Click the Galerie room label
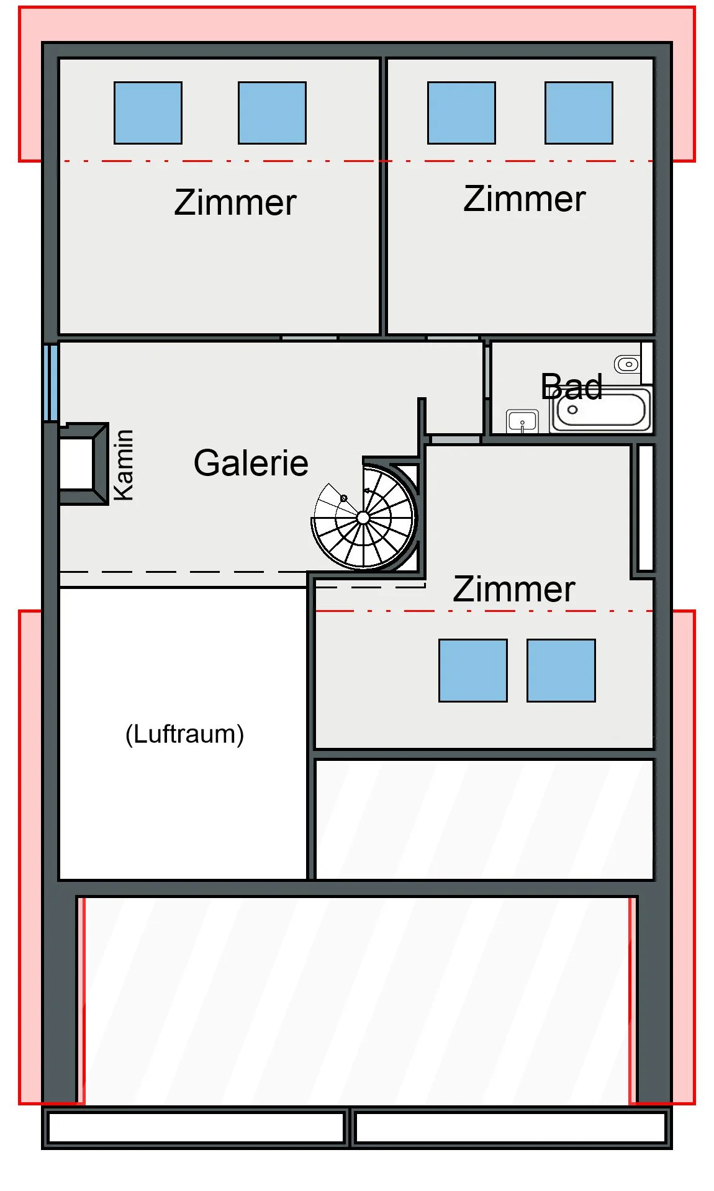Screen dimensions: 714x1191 point(251,463)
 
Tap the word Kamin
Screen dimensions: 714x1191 point(124,465)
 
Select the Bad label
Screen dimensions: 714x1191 point(571,387)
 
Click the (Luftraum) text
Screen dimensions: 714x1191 point(184,734)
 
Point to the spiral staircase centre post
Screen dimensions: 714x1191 point(364,517)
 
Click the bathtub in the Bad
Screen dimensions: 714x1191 point(600,410)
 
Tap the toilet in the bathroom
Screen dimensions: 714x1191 point(627,364)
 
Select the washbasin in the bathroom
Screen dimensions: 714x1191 point(522,421)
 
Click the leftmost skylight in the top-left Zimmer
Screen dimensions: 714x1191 point(148,113)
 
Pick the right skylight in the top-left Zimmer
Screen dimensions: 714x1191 point(272,113)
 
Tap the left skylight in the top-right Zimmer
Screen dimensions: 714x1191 point(461,113)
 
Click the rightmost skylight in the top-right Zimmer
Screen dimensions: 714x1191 point(579,113)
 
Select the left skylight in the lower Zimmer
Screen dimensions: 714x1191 point(473,670)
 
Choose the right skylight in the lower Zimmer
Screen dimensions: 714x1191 point(561,670)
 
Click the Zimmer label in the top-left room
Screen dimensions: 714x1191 point(235,202)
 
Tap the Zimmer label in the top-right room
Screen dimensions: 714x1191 point(525,199)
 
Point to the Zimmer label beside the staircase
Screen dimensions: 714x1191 point(514,589)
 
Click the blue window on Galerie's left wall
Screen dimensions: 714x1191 point(51,383)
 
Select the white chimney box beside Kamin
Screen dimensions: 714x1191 point(76,463)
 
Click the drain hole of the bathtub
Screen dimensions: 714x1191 point(572,410)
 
